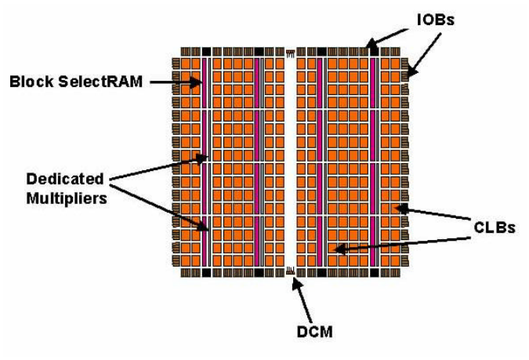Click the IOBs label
436,20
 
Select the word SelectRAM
100,82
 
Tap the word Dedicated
65,179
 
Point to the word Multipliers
67,198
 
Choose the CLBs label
495,227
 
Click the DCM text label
314,332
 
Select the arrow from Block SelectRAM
176,82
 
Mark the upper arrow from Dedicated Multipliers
159,168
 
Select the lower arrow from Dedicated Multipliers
159,208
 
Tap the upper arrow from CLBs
433,213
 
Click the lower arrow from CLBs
402,244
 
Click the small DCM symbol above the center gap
290,53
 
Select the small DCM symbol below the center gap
290,270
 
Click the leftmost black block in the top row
206,52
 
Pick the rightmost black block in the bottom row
374,272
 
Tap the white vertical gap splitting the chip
290,162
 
